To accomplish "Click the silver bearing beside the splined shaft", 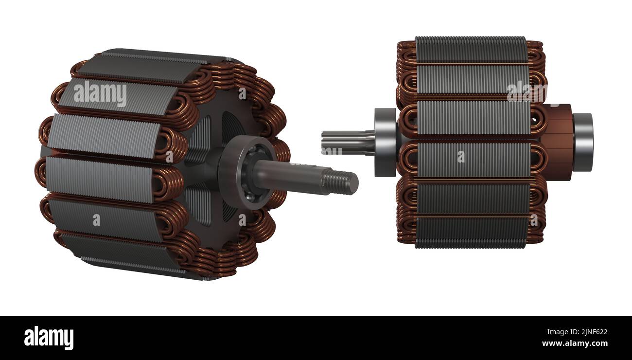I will (386, 142).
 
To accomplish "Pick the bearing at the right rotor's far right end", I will (582, 142).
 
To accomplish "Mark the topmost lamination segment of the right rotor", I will (470, 49).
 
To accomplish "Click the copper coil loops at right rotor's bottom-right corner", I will (535, 231).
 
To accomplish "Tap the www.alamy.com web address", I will (574, 344).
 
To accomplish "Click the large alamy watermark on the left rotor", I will (100, 94).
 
